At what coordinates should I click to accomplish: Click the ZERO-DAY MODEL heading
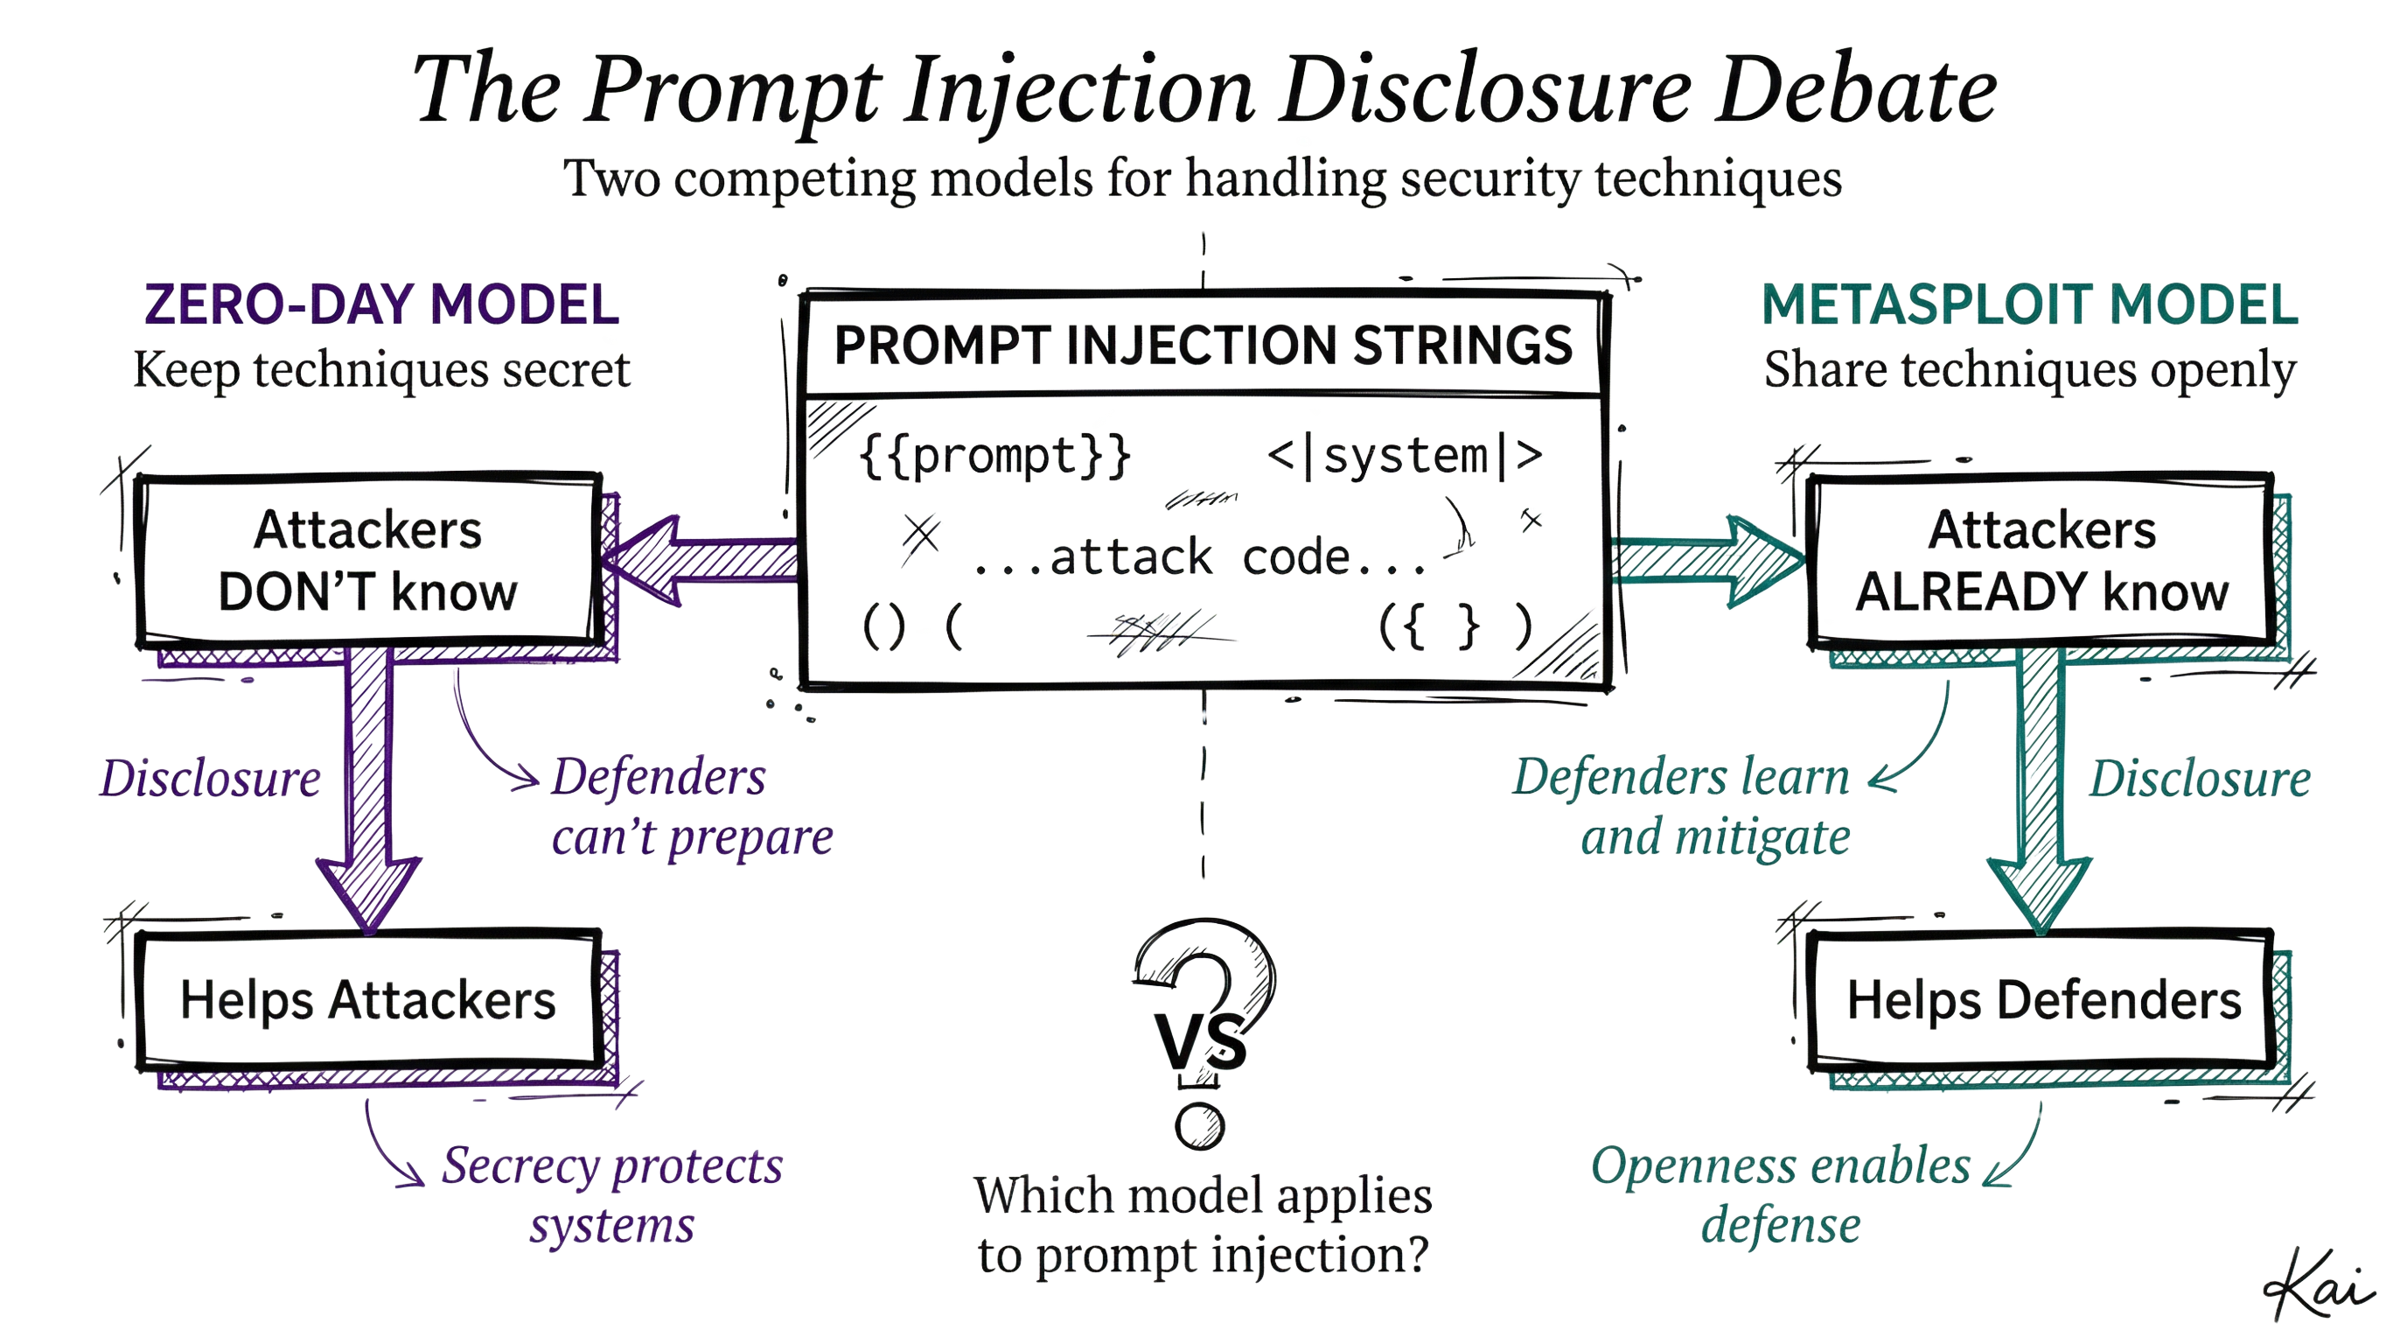click(381, 304)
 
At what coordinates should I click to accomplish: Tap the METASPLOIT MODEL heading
click(2028, 304)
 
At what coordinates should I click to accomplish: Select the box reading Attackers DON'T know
click(367, 561)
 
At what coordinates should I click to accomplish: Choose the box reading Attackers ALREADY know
click(2041, 561)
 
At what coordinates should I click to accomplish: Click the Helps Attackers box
click(367, 1000)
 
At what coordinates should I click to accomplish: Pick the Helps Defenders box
click(2043, 1000)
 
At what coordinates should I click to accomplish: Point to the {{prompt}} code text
click(995, 456)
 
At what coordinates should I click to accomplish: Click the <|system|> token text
click(1405, 456)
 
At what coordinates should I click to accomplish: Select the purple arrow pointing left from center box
click(701, 561)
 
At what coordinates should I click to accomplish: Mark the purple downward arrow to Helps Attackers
click(368, 794)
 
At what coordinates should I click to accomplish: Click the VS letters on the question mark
click(1201, 1039)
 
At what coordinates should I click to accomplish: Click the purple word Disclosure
click(210, 779)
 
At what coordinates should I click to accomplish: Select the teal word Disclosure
click(2200, 779)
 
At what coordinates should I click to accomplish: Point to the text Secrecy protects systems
click(612, 1194)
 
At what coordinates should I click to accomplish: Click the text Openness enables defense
click(1780, 1194)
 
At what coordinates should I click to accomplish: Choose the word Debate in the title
click(1855, 91)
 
